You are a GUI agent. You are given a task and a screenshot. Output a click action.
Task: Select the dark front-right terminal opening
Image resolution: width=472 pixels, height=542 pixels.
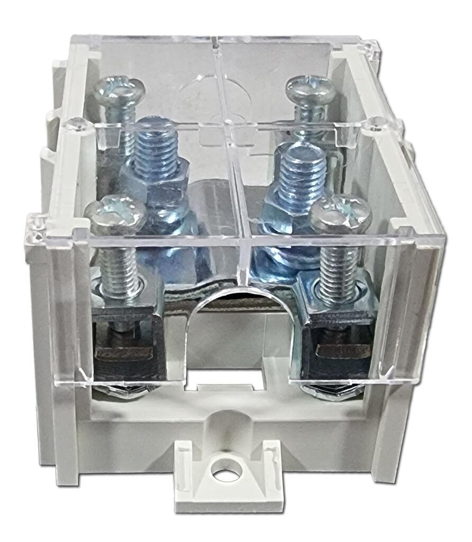click(339, 352)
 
